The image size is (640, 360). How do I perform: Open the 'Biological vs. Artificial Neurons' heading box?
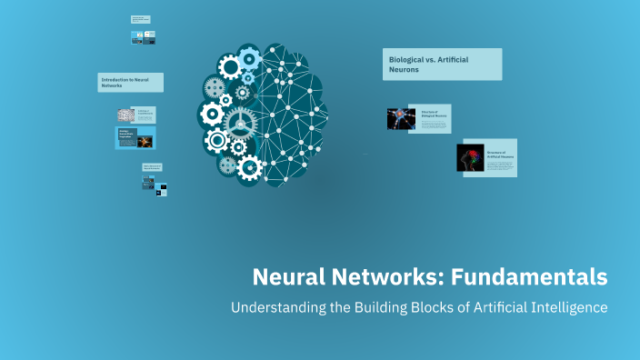(x=442, y=64)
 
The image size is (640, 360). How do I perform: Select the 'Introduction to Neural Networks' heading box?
(x=131, y=83)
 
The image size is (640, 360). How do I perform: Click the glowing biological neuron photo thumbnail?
(x=401, y=118)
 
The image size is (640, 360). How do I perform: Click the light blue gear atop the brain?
(x=248, y=57)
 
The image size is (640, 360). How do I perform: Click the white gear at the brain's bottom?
(x=248, y=167)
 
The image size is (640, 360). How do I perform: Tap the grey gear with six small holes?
(x=215, y=88)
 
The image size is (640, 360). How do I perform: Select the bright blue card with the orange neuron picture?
(x=135, y=138)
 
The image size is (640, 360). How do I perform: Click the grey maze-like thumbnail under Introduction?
(x=125, y=115)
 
